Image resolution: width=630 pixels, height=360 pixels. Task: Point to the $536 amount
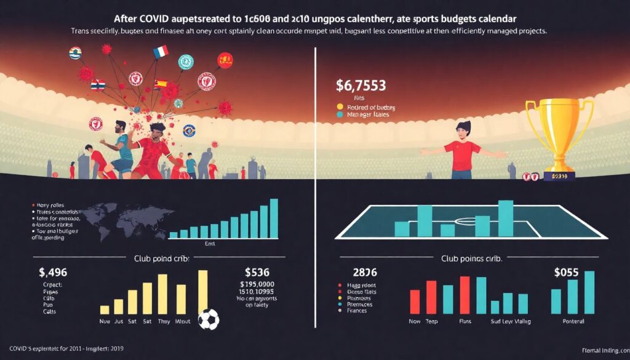tap(258, 272)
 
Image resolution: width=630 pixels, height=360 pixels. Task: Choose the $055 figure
tap(569, 272)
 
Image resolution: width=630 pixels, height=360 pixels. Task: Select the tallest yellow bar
tap(202, 292)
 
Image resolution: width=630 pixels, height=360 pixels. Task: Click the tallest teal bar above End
tap(274, 218)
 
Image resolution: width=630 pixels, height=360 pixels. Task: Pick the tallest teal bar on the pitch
tap(506, 218)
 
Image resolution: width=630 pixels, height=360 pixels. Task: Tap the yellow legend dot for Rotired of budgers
tap(339, 105)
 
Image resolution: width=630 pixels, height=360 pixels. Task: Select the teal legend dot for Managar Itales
tap(339, 114)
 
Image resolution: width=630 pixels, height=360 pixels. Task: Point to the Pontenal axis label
tap(573, 322)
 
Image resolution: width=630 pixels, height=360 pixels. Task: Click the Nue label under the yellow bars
tap(105, 322)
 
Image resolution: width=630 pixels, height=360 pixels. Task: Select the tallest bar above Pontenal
tap(589, 293)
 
